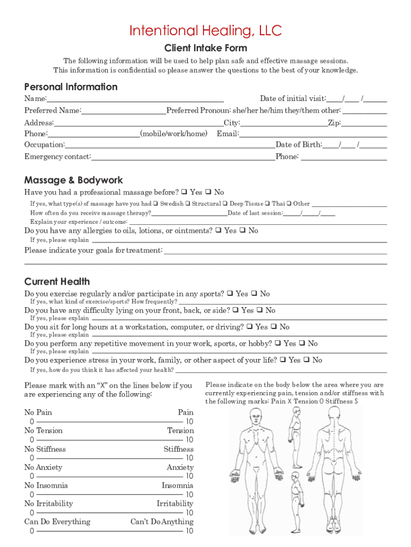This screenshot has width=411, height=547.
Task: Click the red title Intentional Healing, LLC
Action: [x=205, y=31]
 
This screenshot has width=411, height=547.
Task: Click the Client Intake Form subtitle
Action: [x=205, y=48]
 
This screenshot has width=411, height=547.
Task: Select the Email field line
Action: [x=313, y=135]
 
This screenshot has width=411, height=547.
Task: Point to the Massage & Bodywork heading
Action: [x=74, y=180]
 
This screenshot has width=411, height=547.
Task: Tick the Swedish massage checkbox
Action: [x=155, y=204]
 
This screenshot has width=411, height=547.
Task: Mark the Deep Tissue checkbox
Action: [x=225, y=204]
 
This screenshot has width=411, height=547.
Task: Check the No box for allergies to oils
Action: [x=243, y=231]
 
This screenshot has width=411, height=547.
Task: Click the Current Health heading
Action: [x=57, y=282]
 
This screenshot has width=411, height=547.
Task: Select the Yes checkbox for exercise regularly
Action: [x=230, y=294]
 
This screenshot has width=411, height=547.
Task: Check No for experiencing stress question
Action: [x=306, y=360]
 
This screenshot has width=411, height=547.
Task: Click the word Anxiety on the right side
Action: [x=180, y=467]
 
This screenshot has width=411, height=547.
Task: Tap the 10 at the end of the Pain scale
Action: [x=189, y=421]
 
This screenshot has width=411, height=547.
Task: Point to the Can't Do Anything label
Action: [x=162, y=522]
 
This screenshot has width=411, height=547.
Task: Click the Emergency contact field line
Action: [x=183, y=157]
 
